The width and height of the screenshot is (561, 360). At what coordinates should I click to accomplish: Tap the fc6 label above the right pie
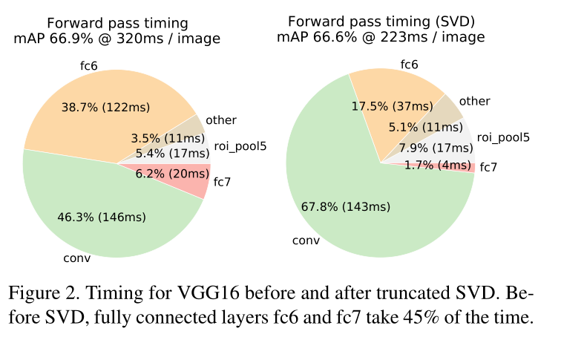tap(409, 65)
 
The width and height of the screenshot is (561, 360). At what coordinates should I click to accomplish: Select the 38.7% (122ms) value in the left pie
tap(104, 108)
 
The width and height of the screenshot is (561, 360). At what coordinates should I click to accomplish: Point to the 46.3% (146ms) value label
tap(102, 217)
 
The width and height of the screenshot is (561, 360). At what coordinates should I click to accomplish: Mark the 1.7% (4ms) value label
tap(438, 165)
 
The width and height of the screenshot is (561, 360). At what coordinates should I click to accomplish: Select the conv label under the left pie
tap(77, 258)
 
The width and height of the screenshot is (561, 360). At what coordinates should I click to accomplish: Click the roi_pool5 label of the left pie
tap(240, 145)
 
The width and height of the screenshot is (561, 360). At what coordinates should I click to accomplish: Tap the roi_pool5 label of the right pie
tap(503, 137)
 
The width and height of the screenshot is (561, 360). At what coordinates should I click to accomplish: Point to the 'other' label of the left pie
tap(221, 120)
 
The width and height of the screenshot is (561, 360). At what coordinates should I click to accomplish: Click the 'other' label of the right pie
tap(474, 101)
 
